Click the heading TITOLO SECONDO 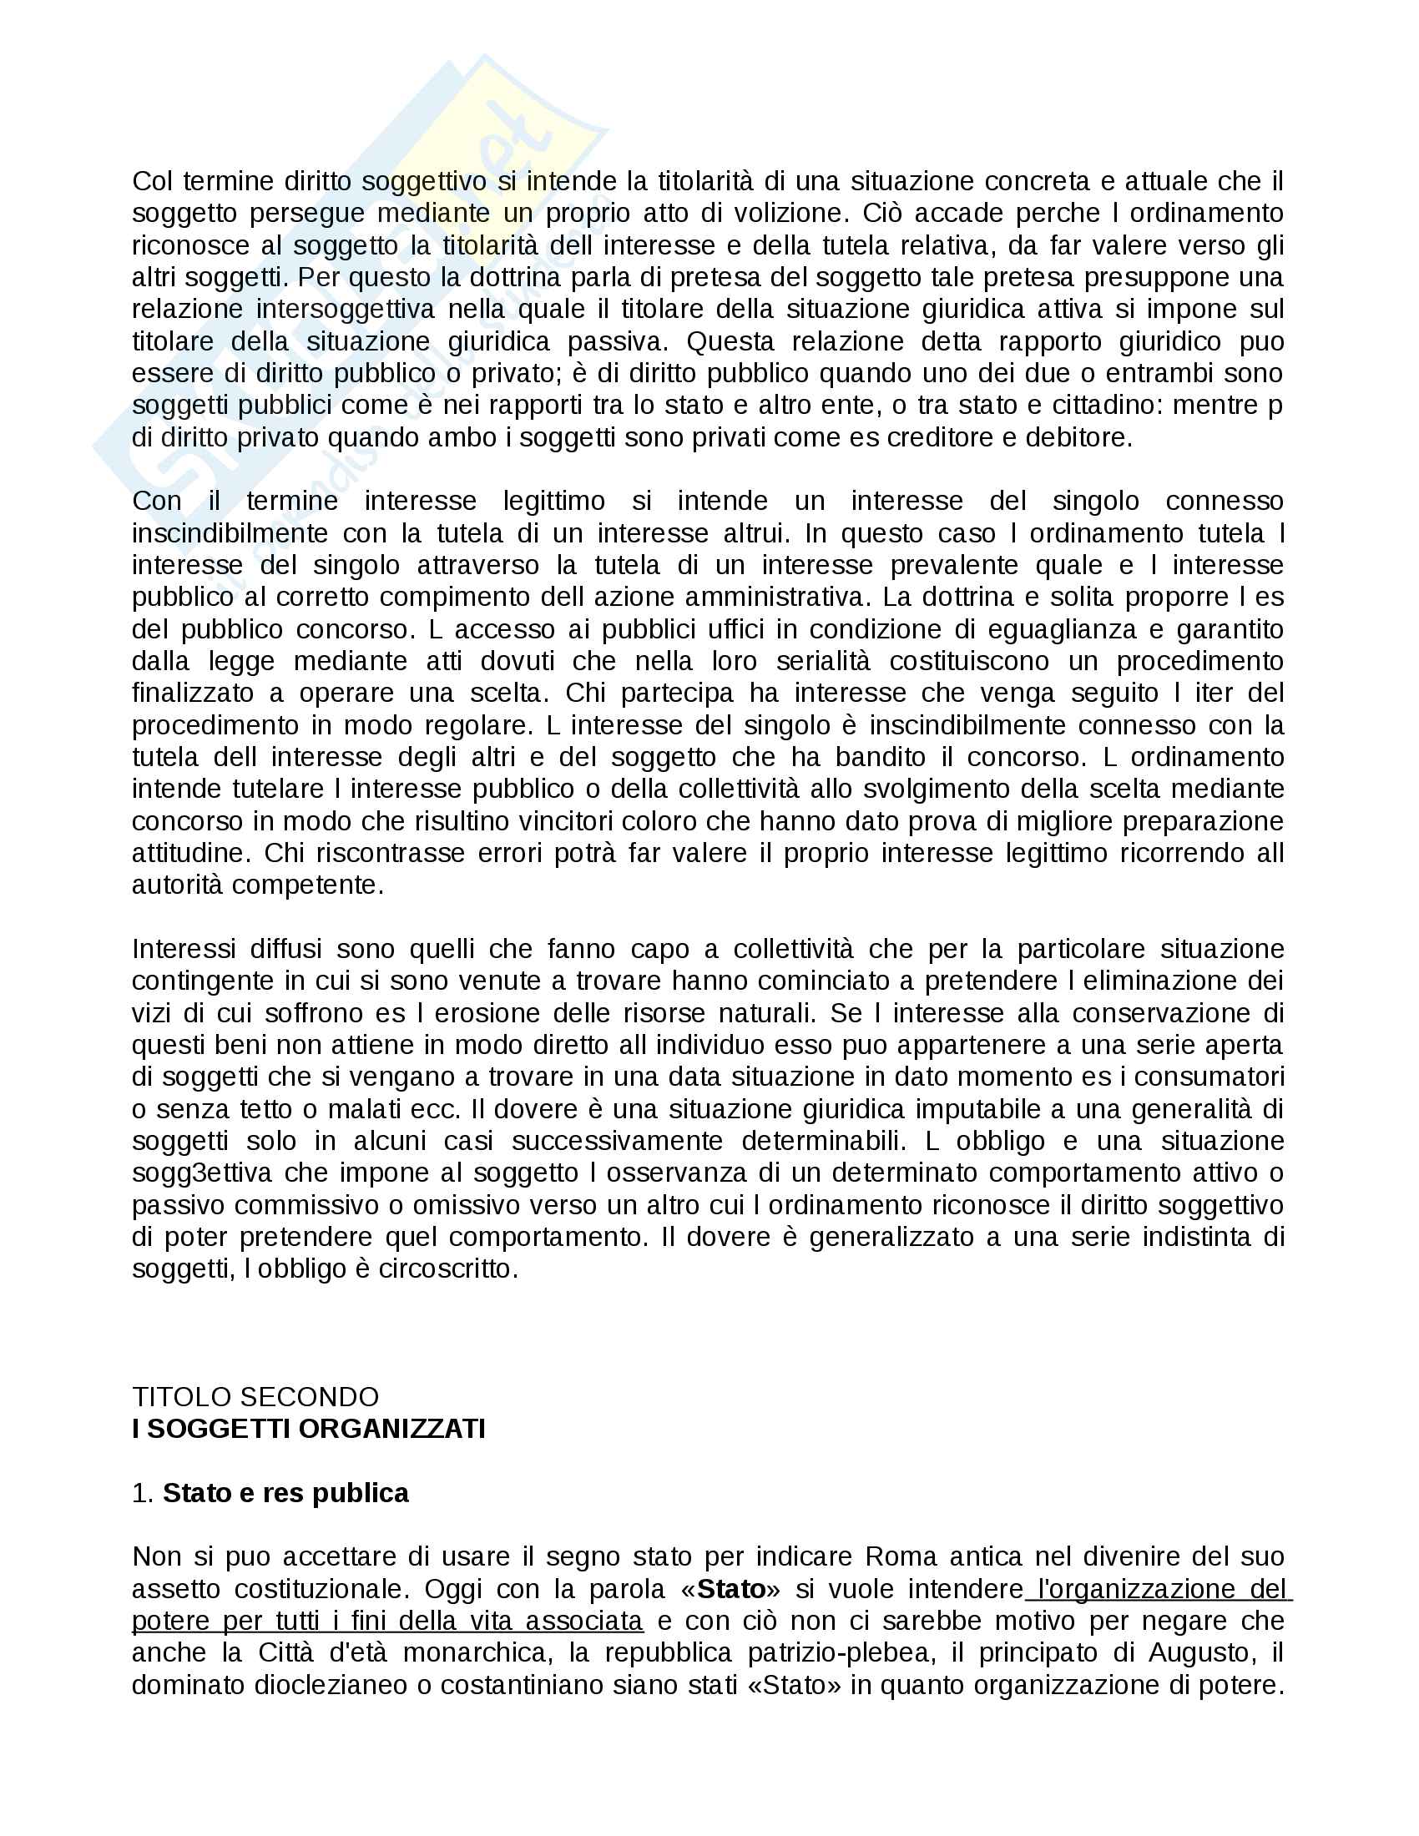[x=255, y=1397]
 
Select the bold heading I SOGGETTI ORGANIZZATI [x=309, y=1429]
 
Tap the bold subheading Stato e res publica [x=285, y=1493]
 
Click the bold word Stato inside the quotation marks [x=730, y=1589]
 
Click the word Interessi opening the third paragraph [x=184, y=949]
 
